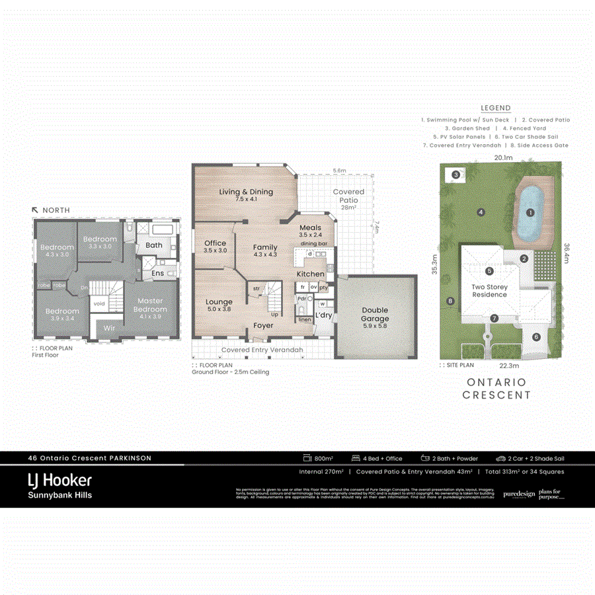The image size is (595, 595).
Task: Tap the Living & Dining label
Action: pos(246,192)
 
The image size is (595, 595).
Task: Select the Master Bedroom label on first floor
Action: pos(150,305)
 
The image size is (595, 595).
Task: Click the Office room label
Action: pos(215,243)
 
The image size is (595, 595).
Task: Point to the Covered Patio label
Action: pos(348,196)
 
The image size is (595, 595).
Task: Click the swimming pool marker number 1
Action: pos(530,213)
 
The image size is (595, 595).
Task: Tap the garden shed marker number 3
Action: pos(457,175)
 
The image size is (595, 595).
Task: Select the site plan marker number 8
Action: pos(451,301)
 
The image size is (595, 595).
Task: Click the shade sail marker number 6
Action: pos(536,337)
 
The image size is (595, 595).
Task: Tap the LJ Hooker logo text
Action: pos(59,480)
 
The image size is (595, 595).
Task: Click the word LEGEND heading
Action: pos(496,108)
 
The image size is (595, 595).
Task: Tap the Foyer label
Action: pos(263,326)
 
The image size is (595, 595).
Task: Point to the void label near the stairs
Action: pos(99,304)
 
